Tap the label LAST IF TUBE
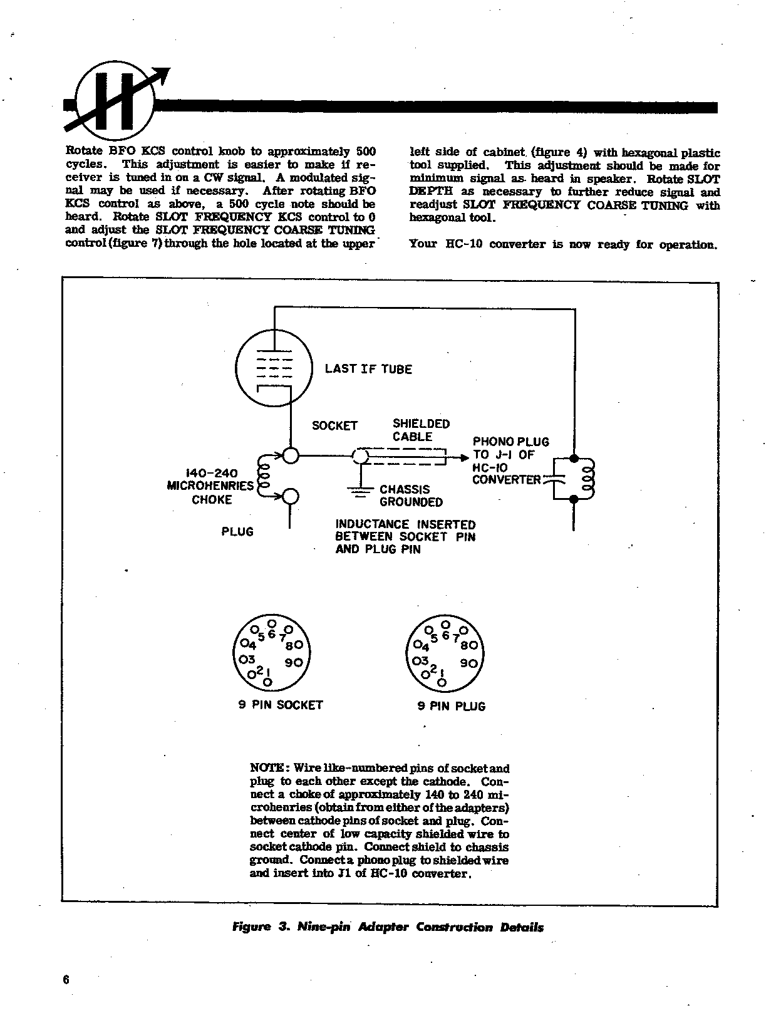coord(368,369)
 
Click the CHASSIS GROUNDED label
coord(411,496)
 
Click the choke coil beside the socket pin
coord(263,477)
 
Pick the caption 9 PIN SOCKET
coord(281,705)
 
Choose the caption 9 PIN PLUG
coord(452,706)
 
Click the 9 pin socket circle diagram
coord(271,653)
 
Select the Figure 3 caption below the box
coord(388,927)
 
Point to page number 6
coord(66,980)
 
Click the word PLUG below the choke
coord(237,532)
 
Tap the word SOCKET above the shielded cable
coord(334,426)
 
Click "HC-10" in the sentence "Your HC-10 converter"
coord(463,244)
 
